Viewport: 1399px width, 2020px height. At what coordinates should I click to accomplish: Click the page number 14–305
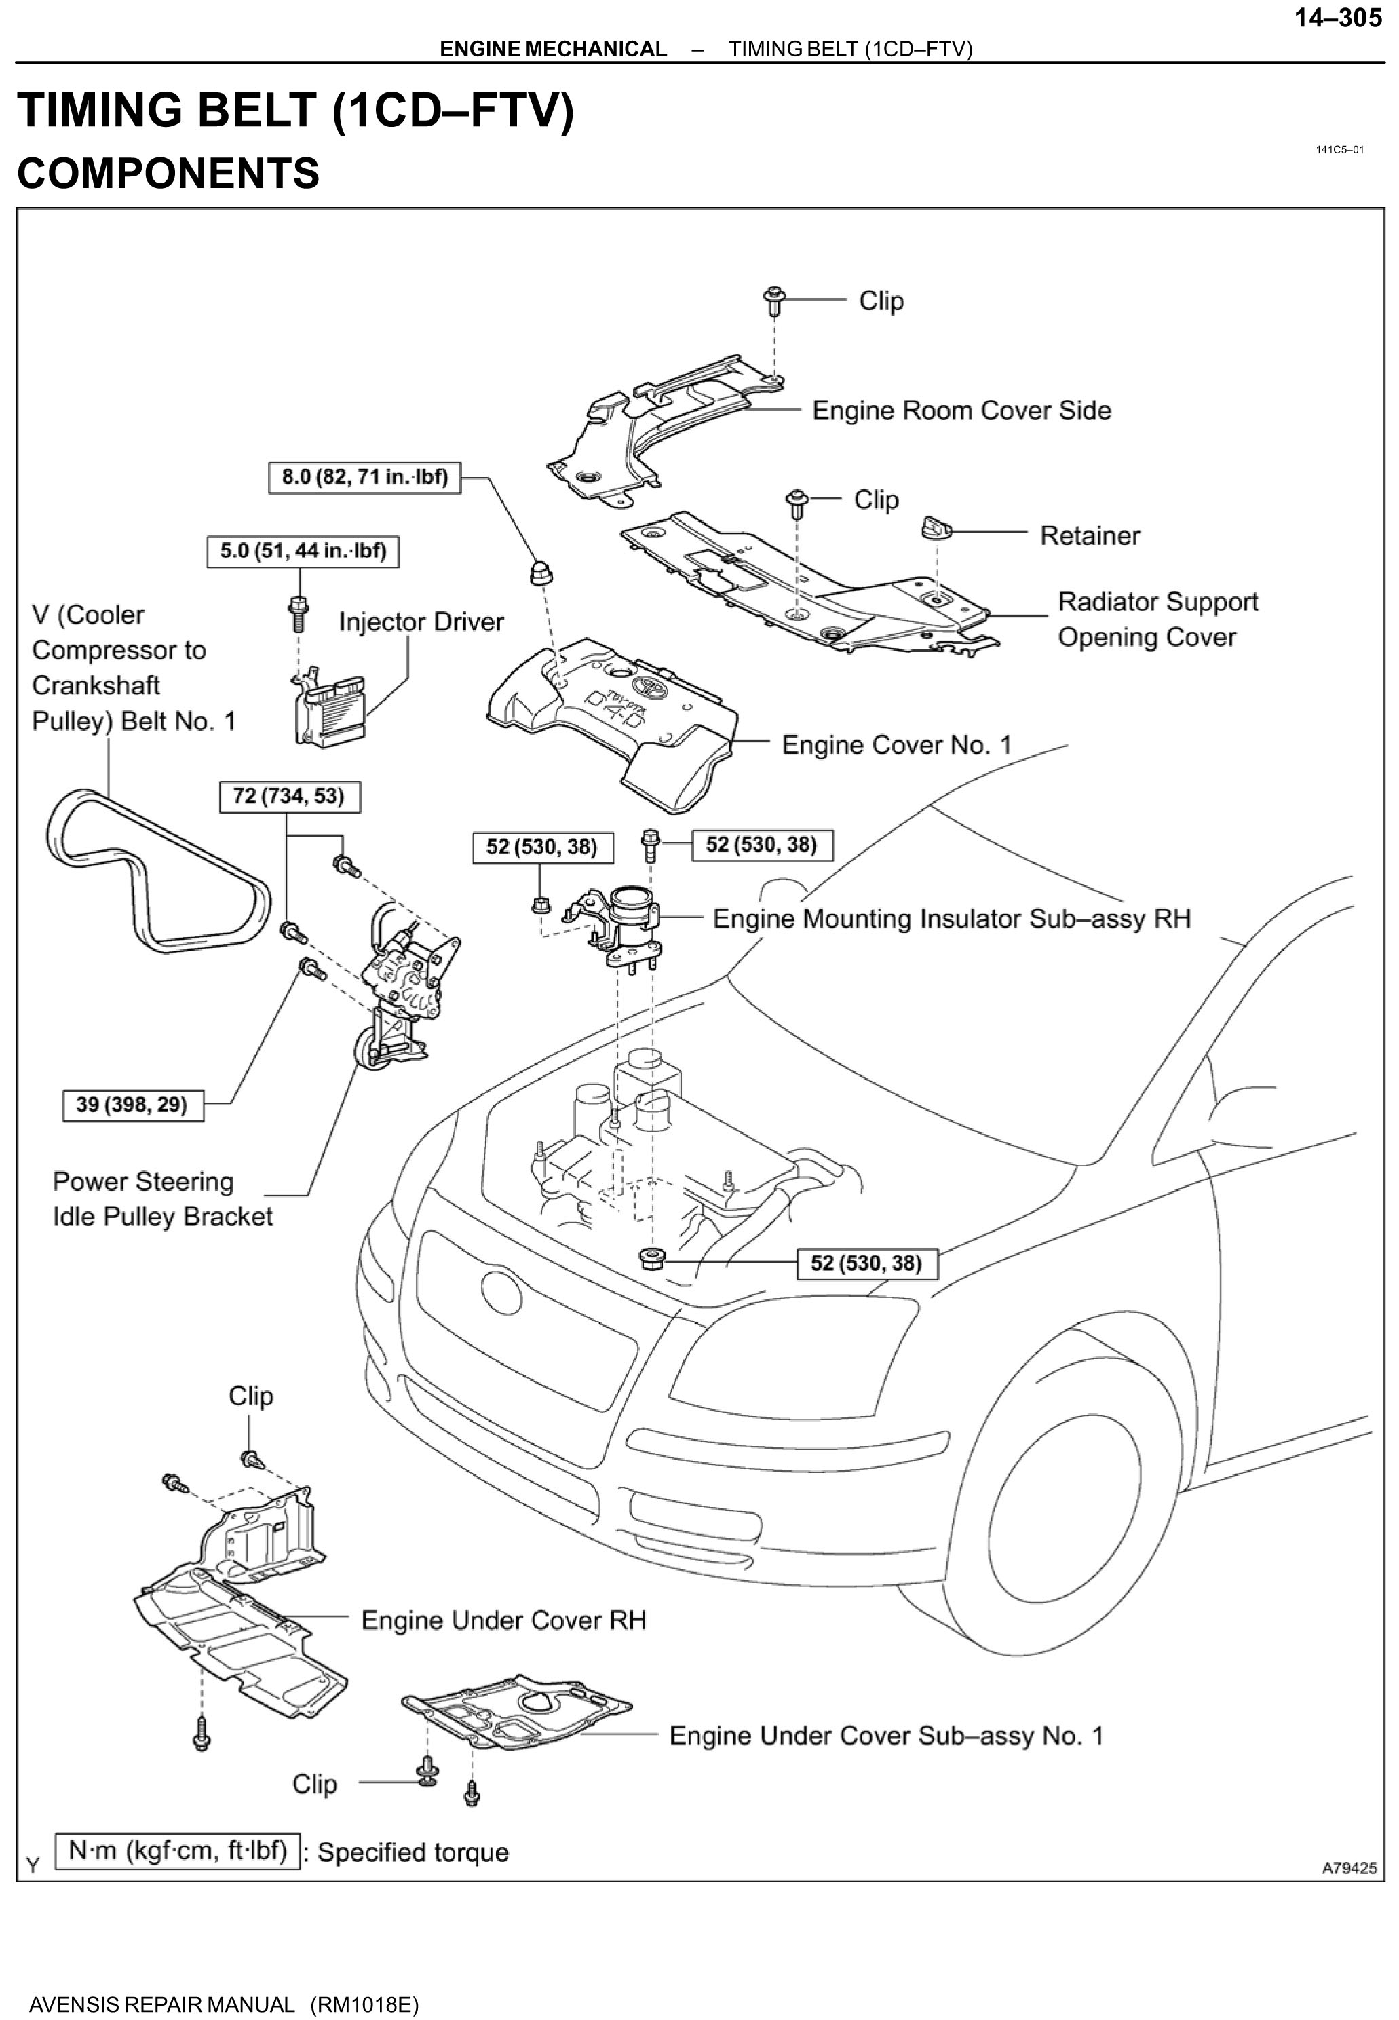(x=1338, y=18)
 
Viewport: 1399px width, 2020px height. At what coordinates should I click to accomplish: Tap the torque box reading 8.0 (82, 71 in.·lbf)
(x=364, y=477)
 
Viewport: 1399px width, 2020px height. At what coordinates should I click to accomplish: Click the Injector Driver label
(x=421, y=622)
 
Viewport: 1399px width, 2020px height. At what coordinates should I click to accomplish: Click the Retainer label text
(x=1089, y=535)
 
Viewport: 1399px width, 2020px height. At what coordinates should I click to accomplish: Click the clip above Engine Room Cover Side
(x=775, y=301)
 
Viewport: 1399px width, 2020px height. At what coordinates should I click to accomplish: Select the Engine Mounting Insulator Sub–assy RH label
(x=951, y=919)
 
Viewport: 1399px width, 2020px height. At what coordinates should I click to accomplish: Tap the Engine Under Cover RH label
(x=503, y=1620)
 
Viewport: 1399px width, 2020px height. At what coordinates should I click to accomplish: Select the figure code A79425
(x=1349, y=1867)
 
